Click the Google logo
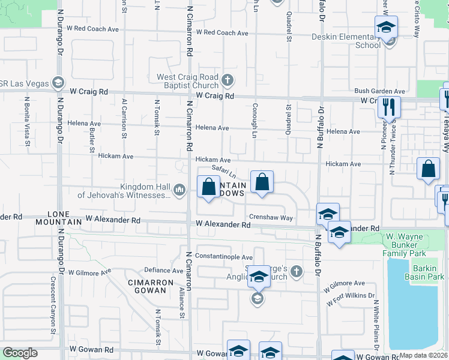(20, 353)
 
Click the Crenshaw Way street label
(271, 218)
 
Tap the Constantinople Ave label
(223, 256)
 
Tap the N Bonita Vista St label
(27, 122)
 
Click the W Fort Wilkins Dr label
(351, 299)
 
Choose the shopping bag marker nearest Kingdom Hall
(208, 187)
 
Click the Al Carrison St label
(124, 119)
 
